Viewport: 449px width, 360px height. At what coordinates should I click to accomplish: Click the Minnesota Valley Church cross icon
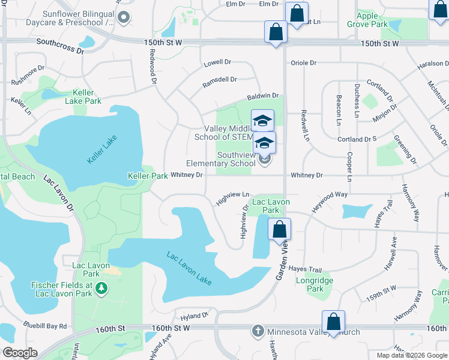click(x=258, y=331)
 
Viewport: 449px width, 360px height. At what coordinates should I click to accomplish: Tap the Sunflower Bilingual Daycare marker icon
click(x=124, y=17)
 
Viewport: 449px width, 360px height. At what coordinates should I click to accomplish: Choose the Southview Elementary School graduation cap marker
click(x=264, y=143)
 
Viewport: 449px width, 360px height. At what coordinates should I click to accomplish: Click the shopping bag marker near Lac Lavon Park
click(x=279, y=229)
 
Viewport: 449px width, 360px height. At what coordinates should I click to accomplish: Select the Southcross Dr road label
click(x=60, y=46)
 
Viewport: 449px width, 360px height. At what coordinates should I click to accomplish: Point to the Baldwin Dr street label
click(x=263, y=96)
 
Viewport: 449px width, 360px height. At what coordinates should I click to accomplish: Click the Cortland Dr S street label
click(x=357, y=139)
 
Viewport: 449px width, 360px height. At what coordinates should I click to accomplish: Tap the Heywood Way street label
click(x=329, y=200)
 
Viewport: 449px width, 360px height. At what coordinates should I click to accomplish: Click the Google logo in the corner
click(x=20, y=353)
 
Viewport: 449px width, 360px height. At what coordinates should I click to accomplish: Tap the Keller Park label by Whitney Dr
click(x=148, y=176)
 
